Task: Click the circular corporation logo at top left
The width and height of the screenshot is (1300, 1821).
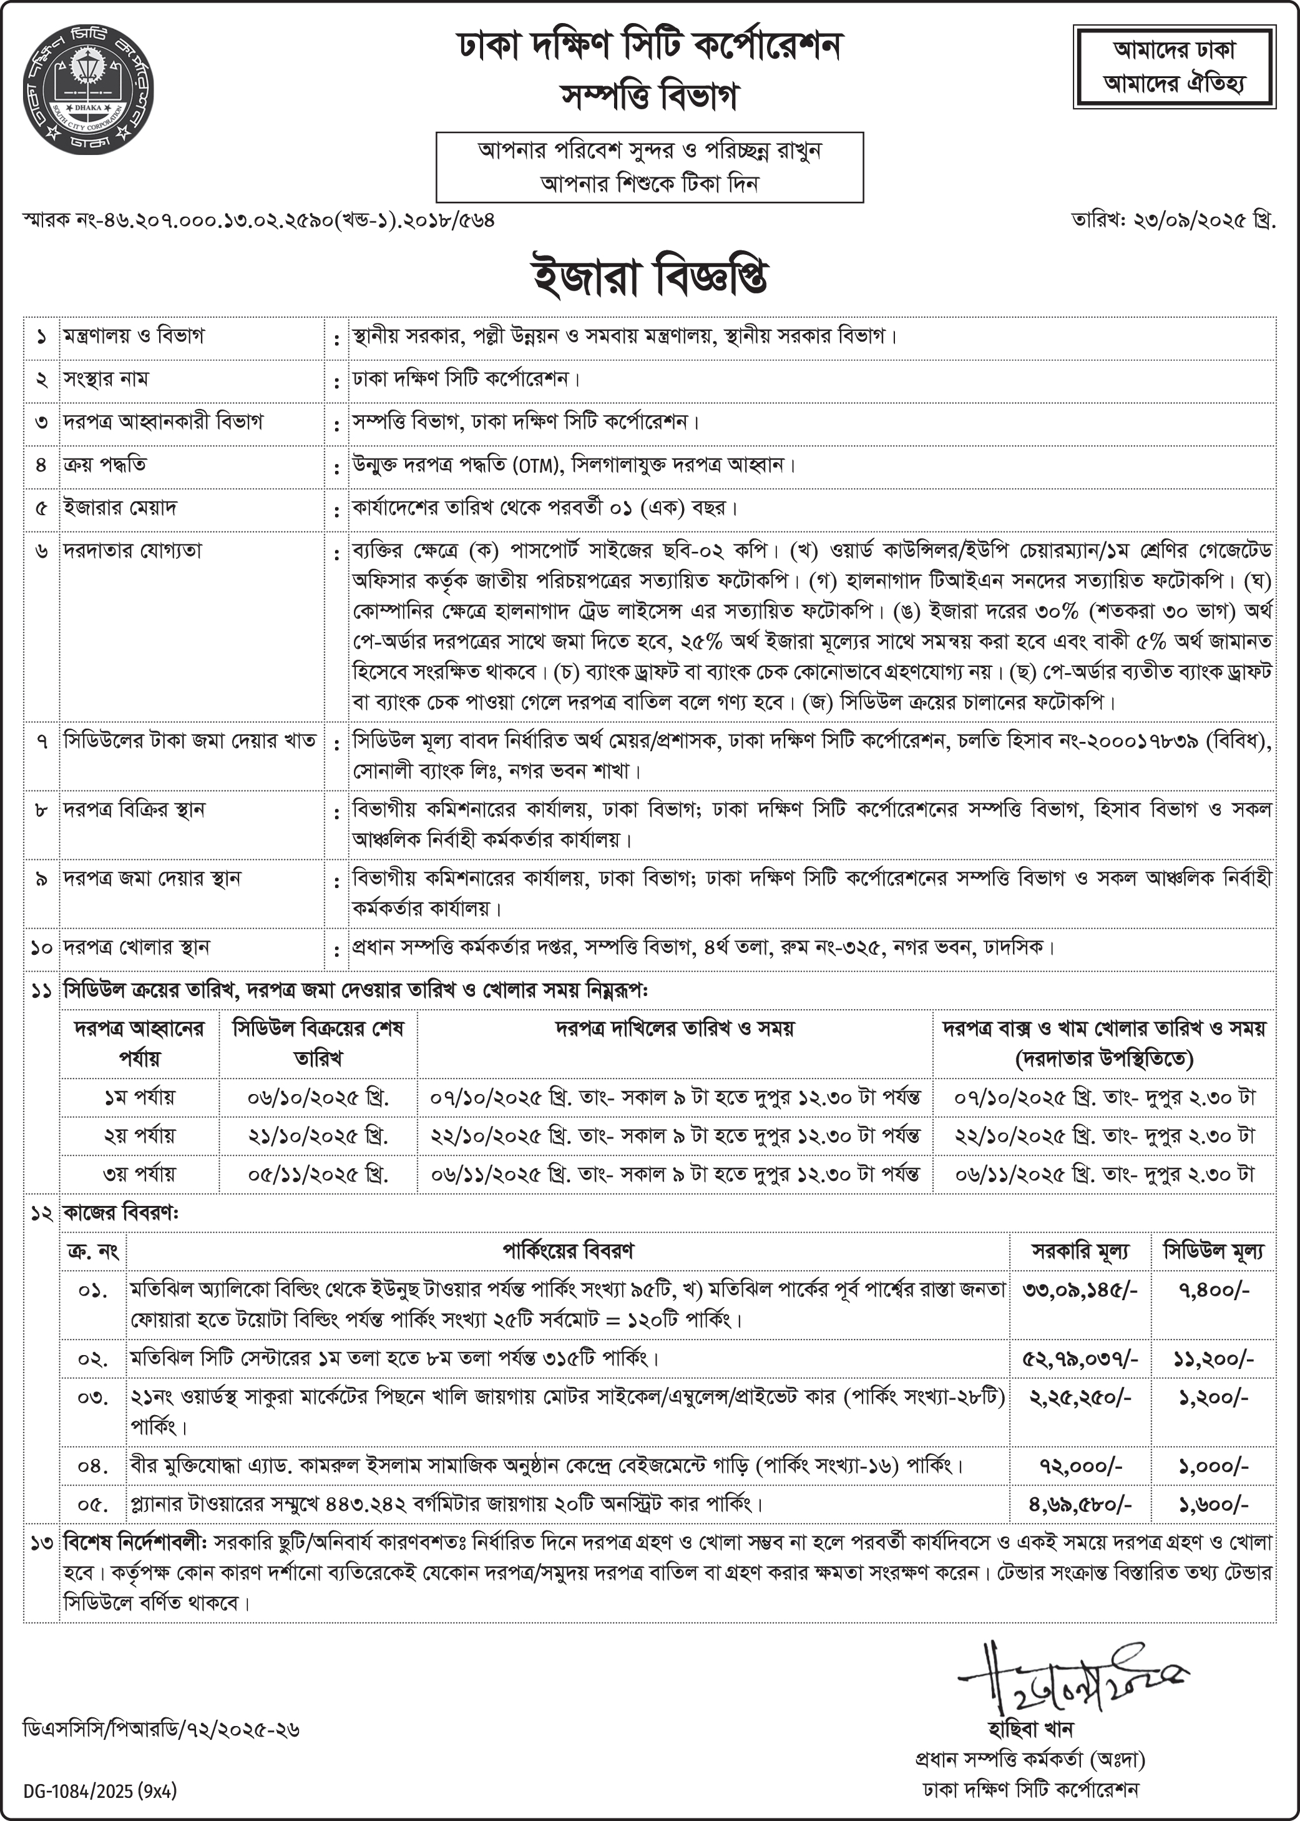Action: tap(88, 89)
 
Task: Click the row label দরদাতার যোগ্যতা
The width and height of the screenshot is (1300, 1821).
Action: tap(133, 551)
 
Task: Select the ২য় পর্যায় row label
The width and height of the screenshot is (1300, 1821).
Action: tap(139, 1135)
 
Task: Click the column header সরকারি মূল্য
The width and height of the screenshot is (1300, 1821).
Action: tap(1080, 1251)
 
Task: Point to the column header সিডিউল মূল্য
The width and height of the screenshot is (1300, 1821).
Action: tap(1213, 1251)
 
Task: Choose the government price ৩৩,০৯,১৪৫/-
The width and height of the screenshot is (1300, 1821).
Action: tap(1080, 1290)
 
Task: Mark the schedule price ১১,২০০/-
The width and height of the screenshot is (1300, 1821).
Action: tap(1213, 1358)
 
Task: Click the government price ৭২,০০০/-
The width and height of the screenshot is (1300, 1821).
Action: tap(1080, 1466)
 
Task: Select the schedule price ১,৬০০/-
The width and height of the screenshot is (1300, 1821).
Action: tap(1213, 1504)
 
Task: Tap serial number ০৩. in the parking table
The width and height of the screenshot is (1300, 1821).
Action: tap(93, 1398)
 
